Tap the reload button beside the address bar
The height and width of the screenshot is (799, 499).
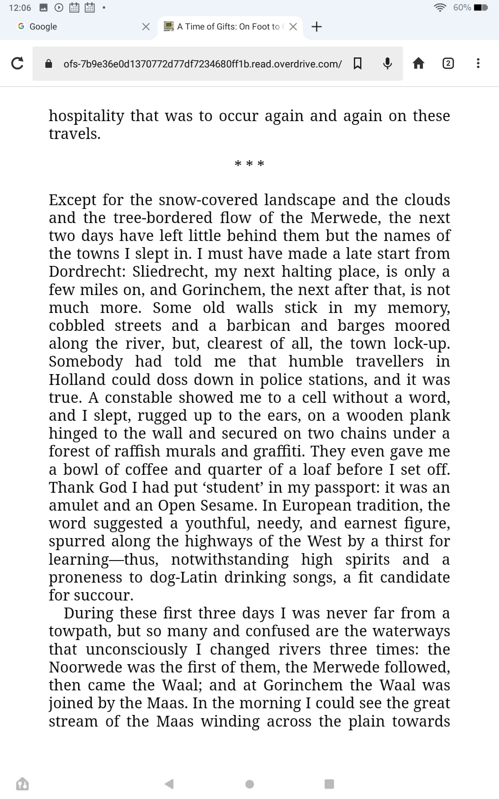[17, 63]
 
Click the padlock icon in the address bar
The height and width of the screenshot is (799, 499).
[49, 64]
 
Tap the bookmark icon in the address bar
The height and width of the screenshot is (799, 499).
[357, 63]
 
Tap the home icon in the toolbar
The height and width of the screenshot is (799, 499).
[418, 63]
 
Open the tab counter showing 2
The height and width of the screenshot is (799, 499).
[448, 63]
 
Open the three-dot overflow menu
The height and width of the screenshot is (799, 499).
[478, 63]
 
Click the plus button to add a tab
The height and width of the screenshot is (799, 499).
[316, 27]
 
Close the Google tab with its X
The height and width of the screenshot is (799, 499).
[146, 27]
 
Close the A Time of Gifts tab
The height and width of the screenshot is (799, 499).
[293, 27]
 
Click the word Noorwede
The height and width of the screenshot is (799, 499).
[85, 667]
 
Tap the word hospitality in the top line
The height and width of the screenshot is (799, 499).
[86, 116]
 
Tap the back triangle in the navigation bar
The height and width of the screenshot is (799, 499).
[169, 784]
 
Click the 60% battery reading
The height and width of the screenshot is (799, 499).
[462, 7]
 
